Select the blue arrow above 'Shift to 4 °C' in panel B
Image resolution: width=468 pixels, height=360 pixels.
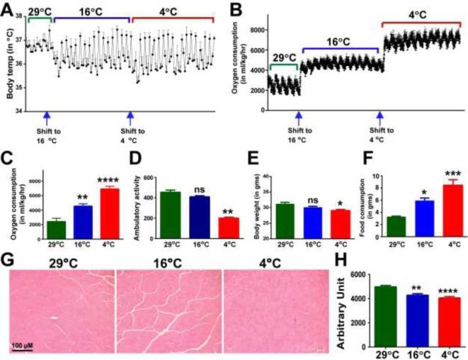[379, 116]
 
